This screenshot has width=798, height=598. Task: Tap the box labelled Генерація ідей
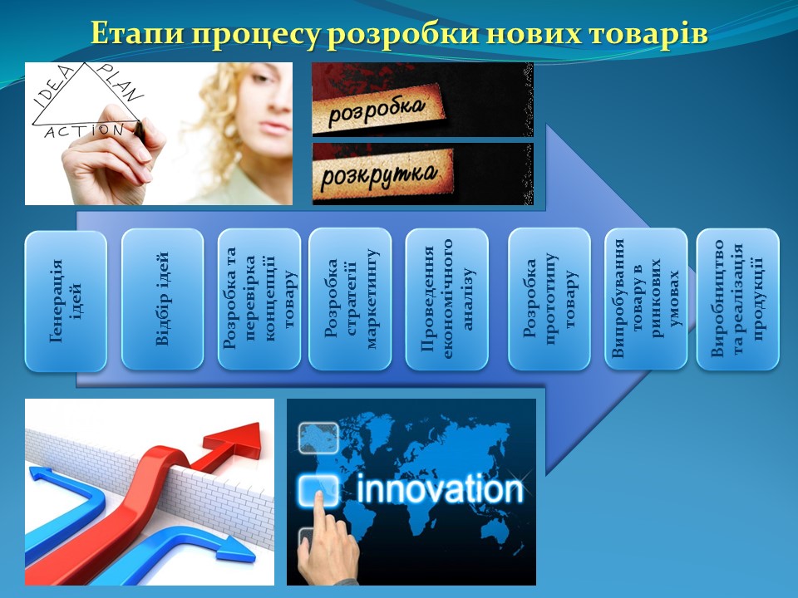pos(66,301)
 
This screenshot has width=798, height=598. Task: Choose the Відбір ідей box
pos(162,299)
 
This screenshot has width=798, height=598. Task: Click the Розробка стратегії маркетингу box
pos(350,299)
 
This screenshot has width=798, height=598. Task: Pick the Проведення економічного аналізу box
pos(447,299)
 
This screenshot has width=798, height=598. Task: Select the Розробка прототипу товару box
pos(549,299)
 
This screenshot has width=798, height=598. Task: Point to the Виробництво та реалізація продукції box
pos(738,299)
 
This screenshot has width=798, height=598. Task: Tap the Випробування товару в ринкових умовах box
pos(646,299)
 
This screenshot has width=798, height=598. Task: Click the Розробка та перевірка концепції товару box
pos(259,299)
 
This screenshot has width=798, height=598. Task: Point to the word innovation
pos(440,489)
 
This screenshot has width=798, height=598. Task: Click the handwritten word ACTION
pos(85,131)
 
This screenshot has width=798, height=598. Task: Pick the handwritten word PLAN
pos(121,82)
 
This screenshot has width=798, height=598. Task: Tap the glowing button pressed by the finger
pos(318,490)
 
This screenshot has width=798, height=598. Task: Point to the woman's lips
pos(275,127)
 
